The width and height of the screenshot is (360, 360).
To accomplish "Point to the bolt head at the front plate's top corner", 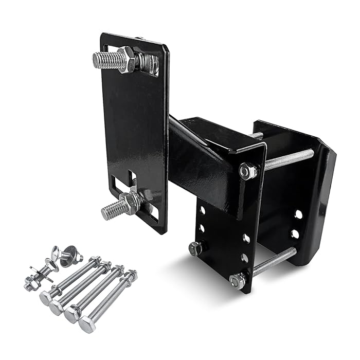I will (x=248, y=170).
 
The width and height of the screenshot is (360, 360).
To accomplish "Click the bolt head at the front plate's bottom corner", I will (x=238, y=280).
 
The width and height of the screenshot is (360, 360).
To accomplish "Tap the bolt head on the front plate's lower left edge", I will (x=195, y=249).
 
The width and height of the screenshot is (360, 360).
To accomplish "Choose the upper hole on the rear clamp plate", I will (x=298, y=214).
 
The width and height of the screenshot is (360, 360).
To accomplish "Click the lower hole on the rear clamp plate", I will (x=295, y=234).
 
